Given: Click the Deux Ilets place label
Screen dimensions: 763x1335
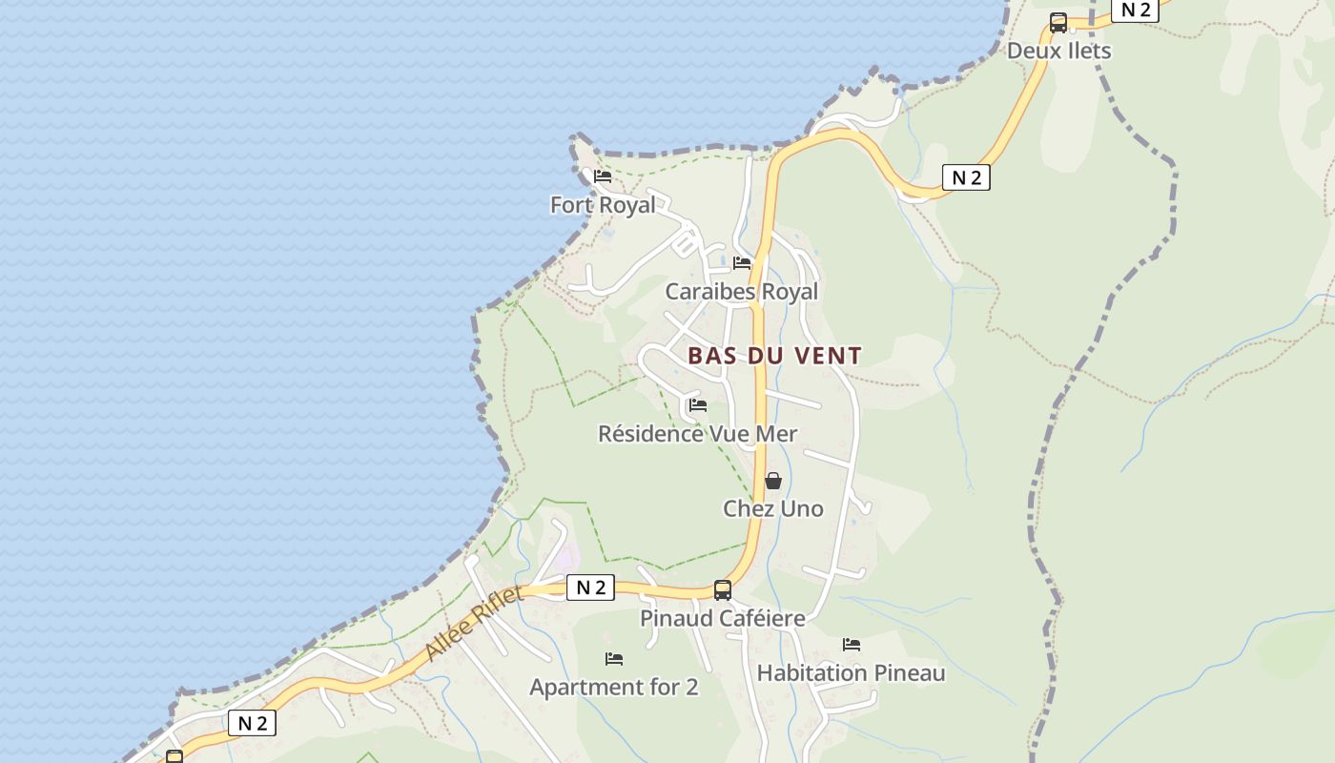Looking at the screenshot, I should pyautogui.click(x=1058, y=51).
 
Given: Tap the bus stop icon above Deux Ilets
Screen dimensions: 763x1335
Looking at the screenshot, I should pyautogui.click(x=1058, y=23).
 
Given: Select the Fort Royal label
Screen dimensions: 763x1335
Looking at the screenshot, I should pyautogui.click(x=603, y=205).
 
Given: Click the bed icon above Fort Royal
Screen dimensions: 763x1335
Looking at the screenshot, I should pyautogui.click(x=602, y=176).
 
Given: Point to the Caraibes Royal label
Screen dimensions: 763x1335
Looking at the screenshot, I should pyautogui.click(x=741, y=292).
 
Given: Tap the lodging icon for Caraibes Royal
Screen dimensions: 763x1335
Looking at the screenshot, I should pyautogui.click(x=742, y=263).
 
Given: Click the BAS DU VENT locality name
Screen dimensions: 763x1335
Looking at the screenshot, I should pyautogui.click(x=774, y=356).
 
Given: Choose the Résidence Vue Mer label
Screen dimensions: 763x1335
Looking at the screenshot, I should pyautogui.click(x=697, y=434).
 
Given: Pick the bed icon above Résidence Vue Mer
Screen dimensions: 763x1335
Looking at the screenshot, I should pyautogui.click(x=697, y=405).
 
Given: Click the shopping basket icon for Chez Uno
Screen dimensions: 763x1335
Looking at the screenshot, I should pyautogui.click(x=773, y=481).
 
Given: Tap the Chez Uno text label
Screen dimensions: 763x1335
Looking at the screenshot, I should pyautogui.click(x=772, y=509).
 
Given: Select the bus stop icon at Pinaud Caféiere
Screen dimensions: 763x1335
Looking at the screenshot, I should pyautogui.click(x=723, y=590).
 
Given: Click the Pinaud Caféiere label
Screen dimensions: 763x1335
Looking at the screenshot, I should pyautogui.click(x=722, y=618).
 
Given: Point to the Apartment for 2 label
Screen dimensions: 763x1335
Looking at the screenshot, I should pyautogui.click(x=613, y=687).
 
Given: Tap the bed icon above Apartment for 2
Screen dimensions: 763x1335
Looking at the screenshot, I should pyautogui.click(x=613, y=659).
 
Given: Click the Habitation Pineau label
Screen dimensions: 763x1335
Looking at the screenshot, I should pyautogui.click(x=851, y=673).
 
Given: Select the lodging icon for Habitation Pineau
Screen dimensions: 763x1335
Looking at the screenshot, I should pyautogui.click(x=851, y=645).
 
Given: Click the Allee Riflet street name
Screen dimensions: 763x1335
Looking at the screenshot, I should pyautogui.click(x=474, y=623).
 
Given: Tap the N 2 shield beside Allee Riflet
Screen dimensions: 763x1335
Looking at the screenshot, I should pyautogui.click(x=590, y=588).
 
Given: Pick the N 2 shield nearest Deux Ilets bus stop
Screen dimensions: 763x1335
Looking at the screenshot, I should pyautogui.click(x=1135, y=10).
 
